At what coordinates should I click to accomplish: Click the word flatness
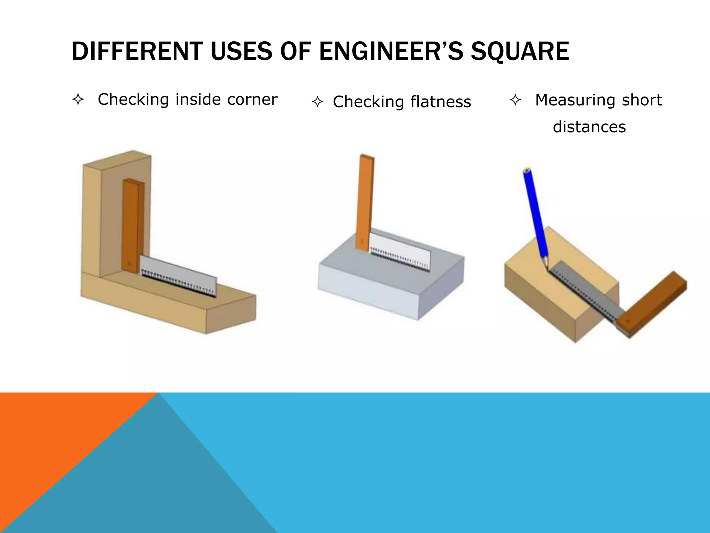tap(441, 102)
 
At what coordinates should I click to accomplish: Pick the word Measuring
tap(575, 100)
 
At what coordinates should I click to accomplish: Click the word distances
tap(589, 127)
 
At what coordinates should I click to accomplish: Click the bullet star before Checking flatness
tap(318, 102)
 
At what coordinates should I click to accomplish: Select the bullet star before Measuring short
tap(516, 100)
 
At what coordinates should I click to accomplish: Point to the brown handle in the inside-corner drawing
tap(132, 226)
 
